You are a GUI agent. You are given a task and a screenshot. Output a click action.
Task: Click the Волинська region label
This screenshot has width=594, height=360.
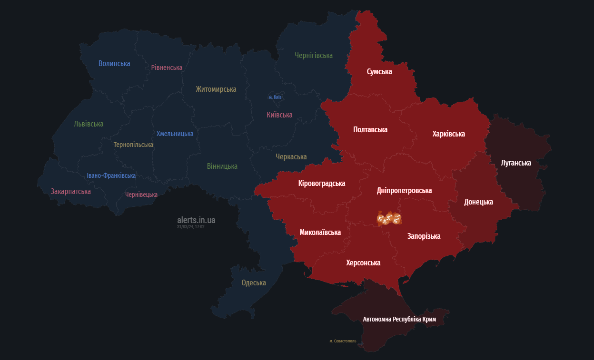[114, 63]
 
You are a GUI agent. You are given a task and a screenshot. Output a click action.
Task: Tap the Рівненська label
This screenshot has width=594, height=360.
[167, 68]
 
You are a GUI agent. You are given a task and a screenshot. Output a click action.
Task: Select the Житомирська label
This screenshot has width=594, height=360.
[216, 89]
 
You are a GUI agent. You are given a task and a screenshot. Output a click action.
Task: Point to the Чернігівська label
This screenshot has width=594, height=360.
[313, 56]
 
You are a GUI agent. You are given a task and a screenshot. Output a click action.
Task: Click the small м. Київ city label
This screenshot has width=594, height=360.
[275, 97]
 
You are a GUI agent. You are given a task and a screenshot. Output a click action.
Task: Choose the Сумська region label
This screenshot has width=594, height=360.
[379, 71]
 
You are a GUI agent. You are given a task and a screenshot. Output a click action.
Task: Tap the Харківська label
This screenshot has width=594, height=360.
[448, 134]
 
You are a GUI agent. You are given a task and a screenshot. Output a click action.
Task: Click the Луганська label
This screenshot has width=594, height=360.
[516, 163]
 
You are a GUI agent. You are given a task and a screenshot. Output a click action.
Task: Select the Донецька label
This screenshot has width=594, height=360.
[478, 202]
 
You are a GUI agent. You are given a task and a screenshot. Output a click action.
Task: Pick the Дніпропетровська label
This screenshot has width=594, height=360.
[404, 190]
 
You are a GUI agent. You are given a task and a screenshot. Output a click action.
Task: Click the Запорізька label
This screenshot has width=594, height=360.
[424, 236]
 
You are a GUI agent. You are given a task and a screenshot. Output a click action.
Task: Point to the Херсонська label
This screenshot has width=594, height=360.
[363, 263]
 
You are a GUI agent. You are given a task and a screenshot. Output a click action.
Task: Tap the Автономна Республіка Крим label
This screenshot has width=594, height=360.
[399, 319]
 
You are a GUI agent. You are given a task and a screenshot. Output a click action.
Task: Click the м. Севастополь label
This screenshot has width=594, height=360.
[343, 341]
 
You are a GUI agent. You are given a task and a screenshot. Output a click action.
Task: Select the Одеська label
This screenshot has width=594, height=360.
[254, 283]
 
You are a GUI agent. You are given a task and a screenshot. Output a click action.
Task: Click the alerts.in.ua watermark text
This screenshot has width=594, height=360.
[196, 220]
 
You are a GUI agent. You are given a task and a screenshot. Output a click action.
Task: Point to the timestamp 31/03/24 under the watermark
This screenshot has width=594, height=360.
[190, 227]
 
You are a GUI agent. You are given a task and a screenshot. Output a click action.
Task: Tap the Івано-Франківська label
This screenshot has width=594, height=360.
[111, 175]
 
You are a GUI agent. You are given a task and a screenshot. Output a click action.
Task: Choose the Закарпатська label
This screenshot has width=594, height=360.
[70, 191]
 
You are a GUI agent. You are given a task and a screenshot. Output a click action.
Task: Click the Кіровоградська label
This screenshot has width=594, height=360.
[322, 183]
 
